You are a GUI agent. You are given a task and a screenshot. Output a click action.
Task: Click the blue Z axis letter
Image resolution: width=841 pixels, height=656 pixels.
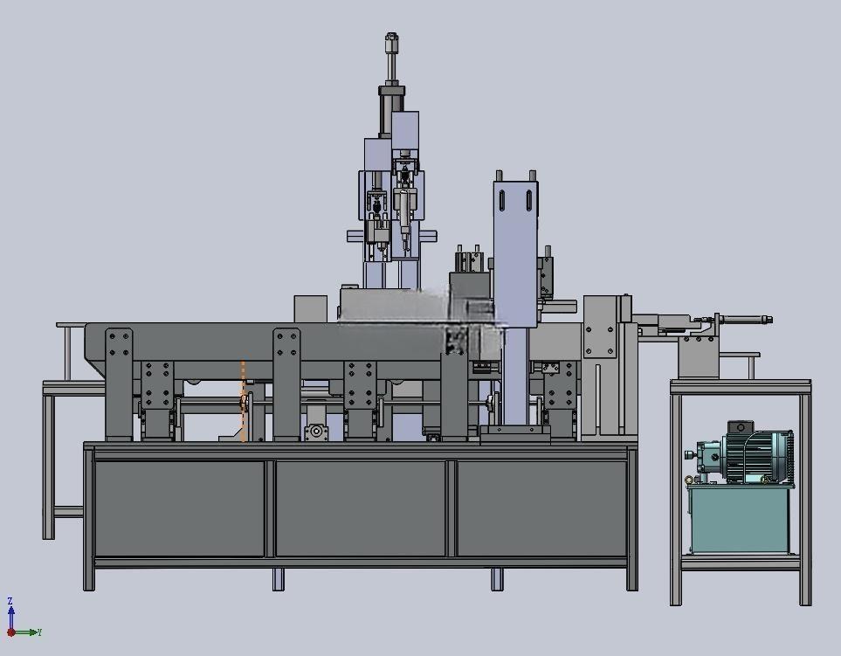click(x=10, y=601)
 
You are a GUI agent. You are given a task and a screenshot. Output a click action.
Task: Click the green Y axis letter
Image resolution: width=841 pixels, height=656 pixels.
click(x=39, y=633)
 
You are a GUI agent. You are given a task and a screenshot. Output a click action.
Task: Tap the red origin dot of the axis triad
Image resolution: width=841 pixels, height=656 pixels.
click(x=10, y=633)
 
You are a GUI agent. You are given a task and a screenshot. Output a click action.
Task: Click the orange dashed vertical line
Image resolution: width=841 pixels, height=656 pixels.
click(x=243, y=401)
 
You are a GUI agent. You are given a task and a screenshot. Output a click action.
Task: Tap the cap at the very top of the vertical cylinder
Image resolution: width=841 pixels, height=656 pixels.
click(x=391, y=38)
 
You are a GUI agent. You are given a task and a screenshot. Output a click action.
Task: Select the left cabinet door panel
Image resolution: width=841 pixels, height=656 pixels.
click(x=179, y=508)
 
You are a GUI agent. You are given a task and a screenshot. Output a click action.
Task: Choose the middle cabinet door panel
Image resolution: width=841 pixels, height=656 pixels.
click(x=361, y=508)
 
